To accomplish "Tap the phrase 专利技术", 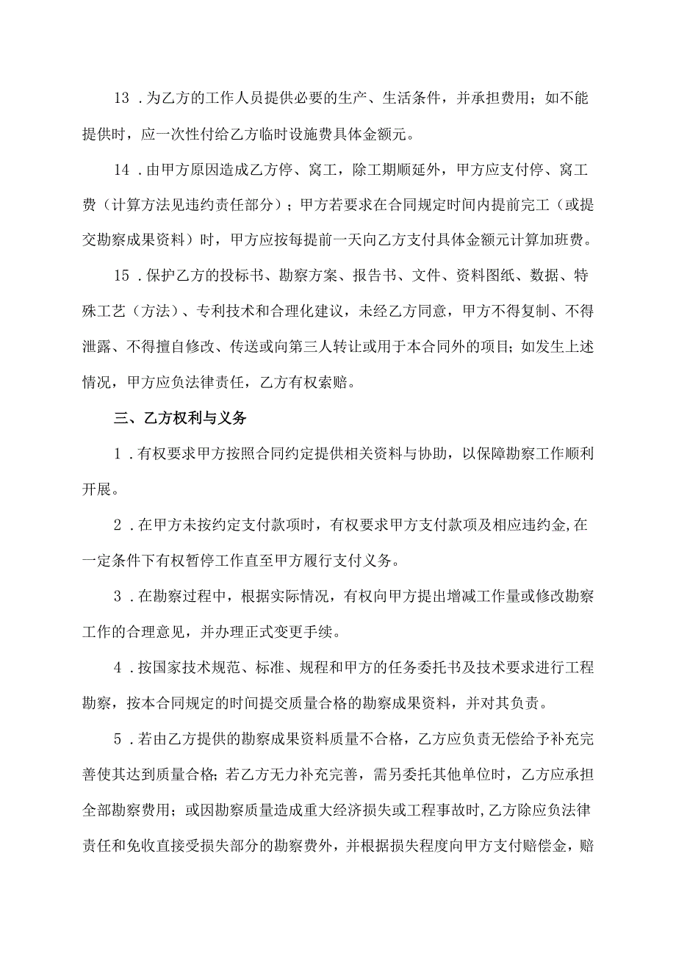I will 223,312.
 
